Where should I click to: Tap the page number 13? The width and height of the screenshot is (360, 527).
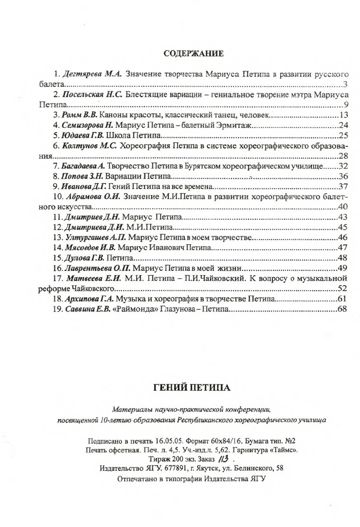[x=344, y=115]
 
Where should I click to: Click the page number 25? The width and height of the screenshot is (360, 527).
[x=344, y=135]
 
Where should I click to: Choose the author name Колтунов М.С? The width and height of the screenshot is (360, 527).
[x=89, y=146]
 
